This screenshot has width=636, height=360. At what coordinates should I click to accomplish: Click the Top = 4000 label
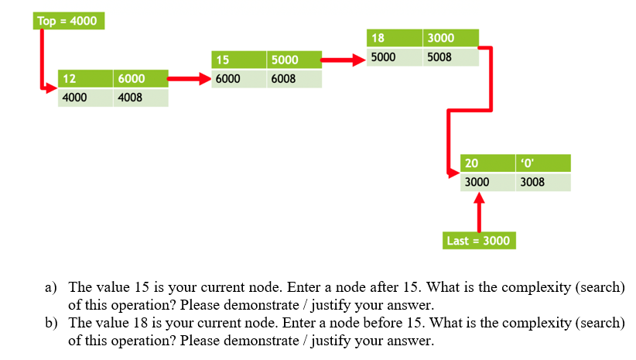click(68, 21)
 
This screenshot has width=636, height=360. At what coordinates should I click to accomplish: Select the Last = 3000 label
click(478, 241)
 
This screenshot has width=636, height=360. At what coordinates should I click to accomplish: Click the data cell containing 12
click(86, 79)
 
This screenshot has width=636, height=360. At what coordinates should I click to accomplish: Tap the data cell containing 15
click(238, 59)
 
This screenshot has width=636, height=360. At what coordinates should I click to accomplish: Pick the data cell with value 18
click(394, 38)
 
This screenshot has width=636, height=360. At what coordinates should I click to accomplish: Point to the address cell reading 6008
click(294, 78)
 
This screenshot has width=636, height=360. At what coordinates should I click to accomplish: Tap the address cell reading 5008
click(450, 57)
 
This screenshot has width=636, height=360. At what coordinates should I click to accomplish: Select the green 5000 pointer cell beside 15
click(294, 59)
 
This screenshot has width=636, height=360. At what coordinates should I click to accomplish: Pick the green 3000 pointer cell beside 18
click(450, 38)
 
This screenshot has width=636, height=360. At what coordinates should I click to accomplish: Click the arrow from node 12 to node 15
click(190, 78)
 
